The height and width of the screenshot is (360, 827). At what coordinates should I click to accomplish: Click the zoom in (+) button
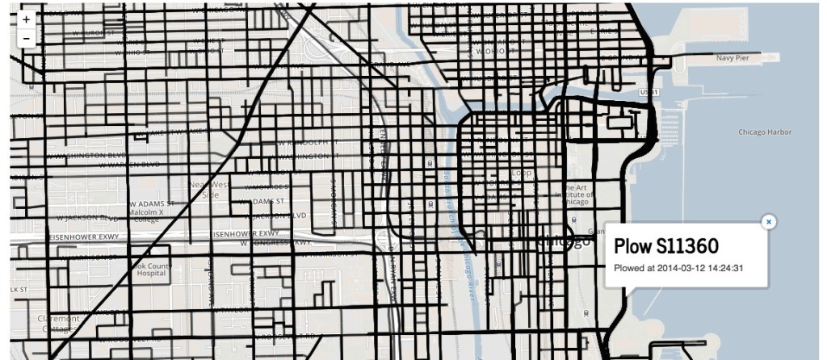[x=27, y=19]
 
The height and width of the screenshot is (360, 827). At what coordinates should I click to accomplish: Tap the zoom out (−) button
[x=27, y=38]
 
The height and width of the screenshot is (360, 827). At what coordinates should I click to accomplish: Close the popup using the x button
[x=769, y=221]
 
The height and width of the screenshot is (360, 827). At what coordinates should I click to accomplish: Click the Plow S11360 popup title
[x=666, y=246]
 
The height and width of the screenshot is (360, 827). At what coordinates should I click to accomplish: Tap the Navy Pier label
[x=734, y=59]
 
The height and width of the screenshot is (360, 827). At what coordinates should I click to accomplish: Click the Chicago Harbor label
[x=764, y=132]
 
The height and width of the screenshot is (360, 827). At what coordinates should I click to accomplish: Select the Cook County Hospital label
[x=153, y=269]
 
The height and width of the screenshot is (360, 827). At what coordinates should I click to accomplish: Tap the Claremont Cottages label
[x=60, y=323]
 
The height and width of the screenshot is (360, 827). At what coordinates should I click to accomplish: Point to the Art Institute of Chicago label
[x=574, y=194]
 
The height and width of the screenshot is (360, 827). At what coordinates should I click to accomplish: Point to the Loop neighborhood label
[x=519, y=172]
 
